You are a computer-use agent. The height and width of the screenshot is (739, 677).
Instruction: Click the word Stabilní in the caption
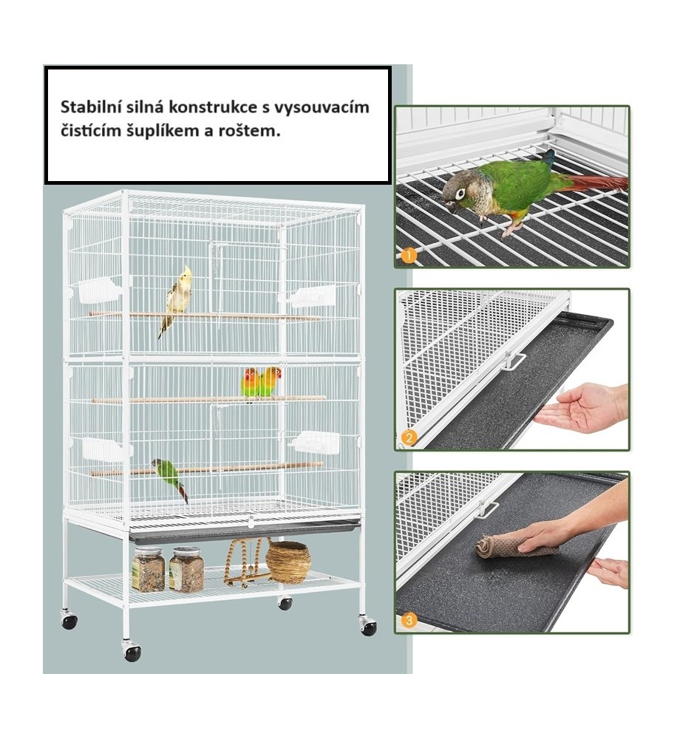point(88,108)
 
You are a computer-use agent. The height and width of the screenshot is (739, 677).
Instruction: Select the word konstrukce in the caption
point(214,108)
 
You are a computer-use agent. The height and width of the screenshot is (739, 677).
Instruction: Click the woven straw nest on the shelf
point(288,562)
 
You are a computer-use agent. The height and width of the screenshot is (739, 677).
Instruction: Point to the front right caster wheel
point(368,627)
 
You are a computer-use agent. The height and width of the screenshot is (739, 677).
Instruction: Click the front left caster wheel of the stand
point(132,652)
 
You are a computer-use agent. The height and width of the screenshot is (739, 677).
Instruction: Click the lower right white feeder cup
point(316,442)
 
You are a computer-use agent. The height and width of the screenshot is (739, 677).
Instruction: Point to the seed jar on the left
point(148,570)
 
